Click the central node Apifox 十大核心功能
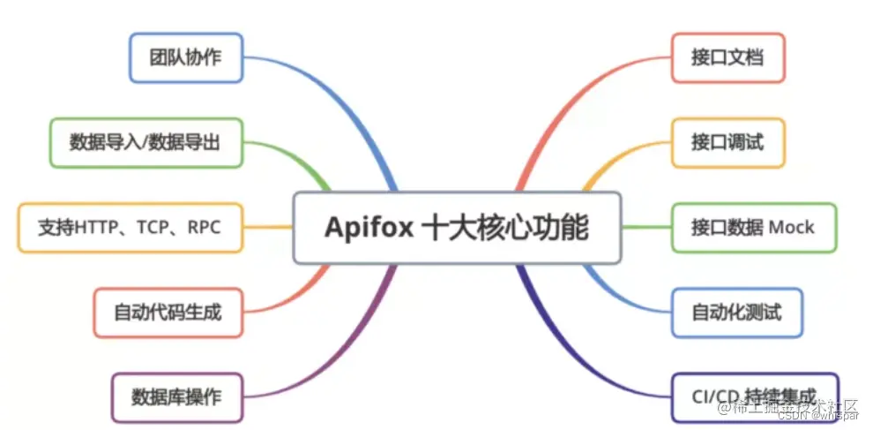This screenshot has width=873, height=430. (x=456, y=228)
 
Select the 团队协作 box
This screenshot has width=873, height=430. (x=185, y=58)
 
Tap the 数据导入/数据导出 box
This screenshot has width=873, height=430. (x=145, y=142)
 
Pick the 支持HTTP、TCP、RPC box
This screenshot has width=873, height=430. (x=130, y=227)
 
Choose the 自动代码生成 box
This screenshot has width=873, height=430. (x=168, y=312)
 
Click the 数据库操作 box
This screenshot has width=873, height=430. (x=176, y=396)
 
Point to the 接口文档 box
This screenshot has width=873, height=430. (x=727, y=58)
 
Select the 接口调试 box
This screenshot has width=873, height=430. (x=727, y=142)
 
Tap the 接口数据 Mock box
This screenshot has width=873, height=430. (x=753, y=227)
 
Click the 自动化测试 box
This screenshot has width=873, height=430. (x=736, y=312)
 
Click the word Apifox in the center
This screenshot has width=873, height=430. (x=369, y=228)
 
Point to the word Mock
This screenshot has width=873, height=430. (x=792, y=227)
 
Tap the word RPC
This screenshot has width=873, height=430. (x=203, y=227)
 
